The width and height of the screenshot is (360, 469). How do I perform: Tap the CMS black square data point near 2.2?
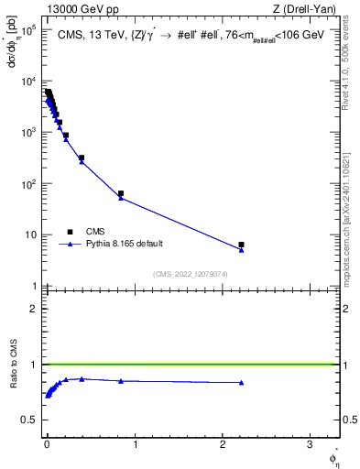coord(241,245)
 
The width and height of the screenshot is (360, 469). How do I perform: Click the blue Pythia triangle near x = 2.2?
coord(241,250)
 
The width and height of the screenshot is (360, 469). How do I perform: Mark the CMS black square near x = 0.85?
coord(121,193)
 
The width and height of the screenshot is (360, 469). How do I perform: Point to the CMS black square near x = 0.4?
coord(82,158)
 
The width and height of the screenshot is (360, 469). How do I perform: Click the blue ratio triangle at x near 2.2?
coord(241,383)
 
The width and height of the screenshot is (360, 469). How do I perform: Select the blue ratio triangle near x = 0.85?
coord(121,381)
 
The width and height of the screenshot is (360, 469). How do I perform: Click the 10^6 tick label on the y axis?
coord(28,30)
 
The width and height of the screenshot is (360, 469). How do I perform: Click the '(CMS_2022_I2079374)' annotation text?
coord(191,273)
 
